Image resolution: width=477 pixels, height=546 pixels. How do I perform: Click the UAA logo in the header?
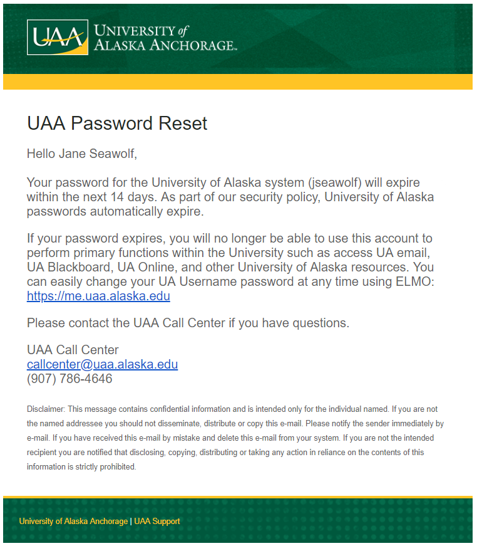click(57, 38)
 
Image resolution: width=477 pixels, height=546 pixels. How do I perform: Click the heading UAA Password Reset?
click(117, 123)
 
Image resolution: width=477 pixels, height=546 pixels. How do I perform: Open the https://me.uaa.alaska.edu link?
click(98, 296)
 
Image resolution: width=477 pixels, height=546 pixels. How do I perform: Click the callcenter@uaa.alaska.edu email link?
click(102, 364)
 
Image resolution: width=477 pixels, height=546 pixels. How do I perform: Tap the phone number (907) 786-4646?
click(69, 379)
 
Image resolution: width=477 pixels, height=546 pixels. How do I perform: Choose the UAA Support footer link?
click(157, 522)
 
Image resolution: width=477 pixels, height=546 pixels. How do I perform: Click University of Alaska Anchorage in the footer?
click(73, 522)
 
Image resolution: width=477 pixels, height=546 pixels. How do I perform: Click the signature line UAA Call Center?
click(73, 350)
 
